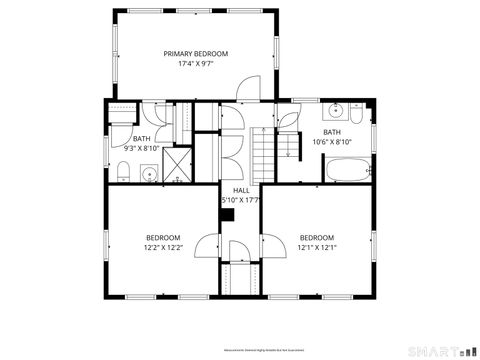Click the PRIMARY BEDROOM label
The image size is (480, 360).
[196, 53]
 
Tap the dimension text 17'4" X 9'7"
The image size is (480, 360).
[196, 63]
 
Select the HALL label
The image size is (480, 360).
[241, 190]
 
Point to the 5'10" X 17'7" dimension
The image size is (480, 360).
[241, 200]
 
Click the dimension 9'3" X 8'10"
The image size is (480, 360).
[141, 148]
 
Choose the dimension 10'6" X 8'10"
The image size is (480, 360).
[331, 142]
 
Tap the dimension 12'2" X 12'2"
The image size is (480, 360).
[163, 247]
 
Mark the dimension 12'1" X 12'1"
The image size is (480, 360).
[317, 247]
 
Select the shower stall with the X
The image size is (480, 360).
[177, 164]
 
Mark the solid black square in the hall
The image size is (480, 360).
[227, 213]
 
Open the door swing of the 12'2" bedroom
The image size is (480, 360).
[208, 245]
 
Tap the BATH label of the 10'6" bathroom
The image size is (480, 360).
[331, 132]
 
